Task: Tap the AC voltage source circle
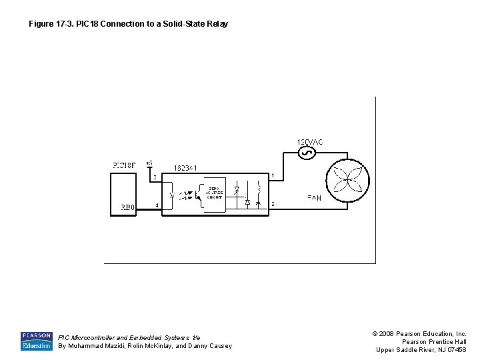click(307, 153)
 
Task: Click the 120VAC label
click(310, 141)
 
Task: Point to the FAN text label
click(314, 198)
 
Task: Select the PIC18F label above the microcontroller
click(124, 165)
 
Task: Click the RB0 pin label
click(127, 207)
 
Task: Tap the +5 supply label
click(149, 163)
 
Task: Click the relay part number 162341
click(185, 168)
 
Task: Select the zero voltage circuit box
click(215, 193)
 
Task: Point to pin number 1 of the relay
click(272, 175)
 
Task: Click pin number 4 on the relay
click(157, 205)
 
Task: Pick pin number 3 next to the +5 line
click(155, 177)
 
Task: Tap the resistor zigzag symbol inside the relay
click(259, 186)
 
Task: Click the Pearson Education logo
click(36, 341)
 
